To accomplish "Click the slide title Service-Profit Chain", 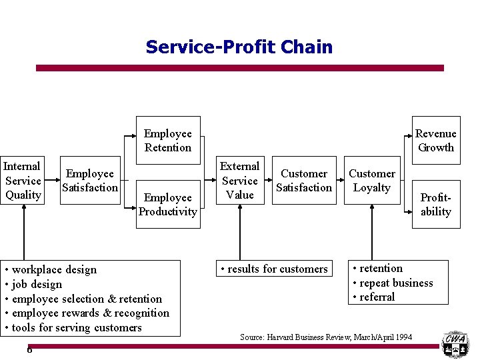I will click(x=239, y=47).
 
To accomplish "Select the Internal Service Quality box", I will click(x=23, y=180).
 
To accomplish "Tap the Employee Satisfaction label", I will click(x=89, y=181).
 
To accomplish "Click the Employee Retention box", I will click(x=167, y=141).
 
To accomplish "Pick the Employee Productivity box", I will click(x=167, y=204).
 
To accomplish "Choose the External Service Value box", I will click(x=239, y=180).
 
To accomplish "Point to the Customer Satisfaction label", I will click(x=304, y=181).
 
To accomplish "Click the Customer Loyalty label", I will click(x=372, y=181).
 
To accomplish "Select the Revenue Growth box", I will click(x=435, y=141).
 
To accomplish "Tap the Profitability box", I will click(x=435, y=204).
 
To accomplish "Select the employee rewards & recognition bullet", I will click(x=87, y=313).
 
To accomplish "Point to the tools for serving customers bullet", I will click(x=73, y=327).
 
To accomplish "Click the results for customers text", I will click(x=275, y=269).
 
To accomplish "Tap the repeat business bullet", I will click(x=393, y=283).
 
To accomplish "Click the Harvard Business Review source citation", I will click(x=326, y=337).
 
